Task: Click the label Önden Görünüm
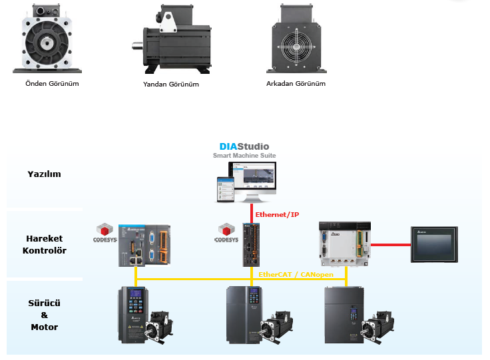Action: coord(52,83)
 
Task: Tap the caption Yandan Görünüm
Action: coord(171,84)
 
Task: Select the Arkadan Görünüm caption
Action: coord(296,83)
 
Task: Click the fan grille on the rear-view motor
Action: coord(296,47)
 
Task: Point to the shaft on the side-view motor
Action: coord(137,46)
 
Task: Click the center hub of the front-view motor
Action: coord(47,43)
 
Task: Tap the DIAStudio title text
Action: coord(244,146)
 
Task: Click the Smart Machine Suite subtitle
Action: coord(244,155)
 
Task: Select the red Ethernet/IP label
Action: coord(277,214)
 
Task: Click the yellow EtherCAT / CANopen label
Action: coord(296,274)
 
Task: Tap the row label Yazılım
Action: coord(44,174)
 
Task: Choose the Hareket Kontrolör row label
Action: coord(45,244)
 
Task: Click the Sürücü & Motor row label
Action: coord(45,315)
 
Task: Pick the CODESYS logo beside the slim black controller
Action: coord(226,233)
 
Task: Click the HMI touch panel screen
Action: coord(434,244)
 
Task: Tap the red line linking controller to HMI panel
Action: coord(391,245)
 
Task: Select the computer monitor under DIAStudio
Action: coord(252,182)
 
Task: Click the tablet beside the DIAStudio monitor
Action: coord(226,189)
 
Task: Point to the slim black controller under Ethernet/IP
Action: coord(251,245)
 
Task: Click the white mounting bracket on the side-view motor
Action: coord(168,22)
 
